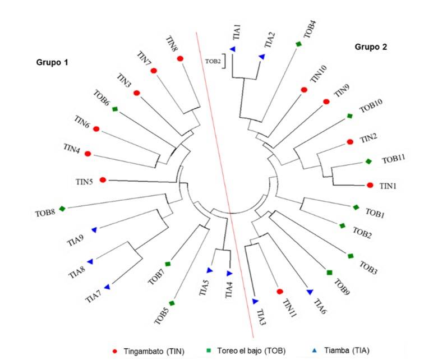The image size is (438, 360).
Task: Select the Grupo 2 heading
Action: click(371, 48)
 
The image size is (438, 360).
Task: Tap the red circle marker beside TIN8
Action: click(180, 58)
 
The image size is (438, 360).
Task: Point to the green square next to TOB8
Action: click(62, 209)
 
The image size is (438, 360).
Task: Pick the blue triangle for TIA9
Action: click(95, 230)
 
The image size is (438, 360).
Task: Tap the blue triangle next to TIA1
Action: click(232, 50)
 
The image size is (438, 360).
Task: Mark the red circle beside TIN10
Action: click(304, 90)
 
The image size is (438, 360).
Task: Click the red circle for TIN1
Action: click(370, 185)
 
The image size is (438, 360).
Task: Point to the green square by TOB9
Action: click(330, 273)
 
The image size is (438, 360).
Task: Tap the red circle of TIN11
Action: click(280, 291)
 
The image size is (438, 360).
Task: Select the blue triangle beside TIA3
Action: click(255, 301)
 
